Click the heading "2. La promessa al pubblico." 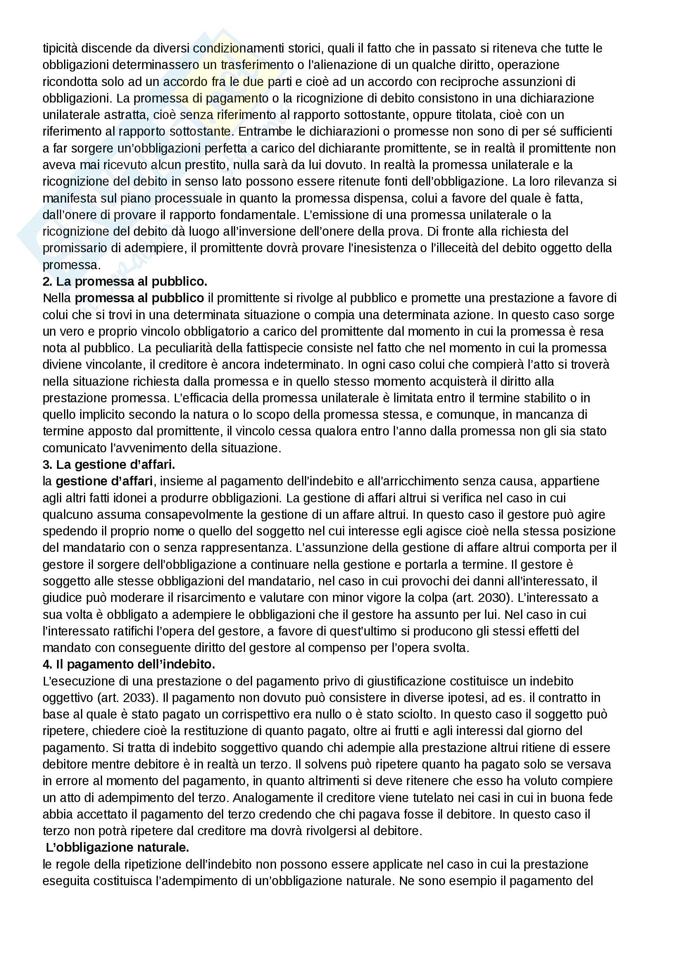pyautogui.click(x=125, y=282)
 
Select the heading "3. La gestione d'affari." pyautogui.click(x=109, y=465)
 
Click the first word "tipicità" pyautogui.click(x=60, y=48)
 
